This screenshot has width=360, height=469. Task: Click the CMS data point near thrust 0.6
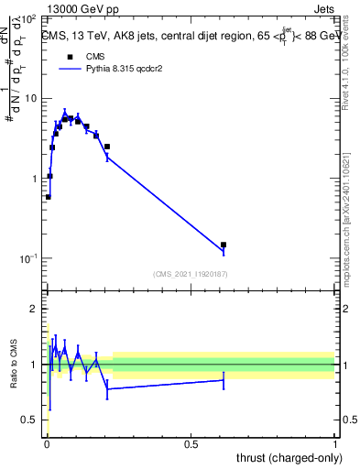224,245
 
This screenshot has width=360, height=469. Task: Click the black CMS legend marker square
70,56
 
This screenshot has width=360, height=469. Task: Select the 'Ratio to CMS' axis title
16,364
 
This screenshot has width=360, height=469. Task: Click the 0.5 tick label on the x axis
191,443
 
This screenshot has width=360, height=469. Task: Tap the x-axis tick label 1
335,443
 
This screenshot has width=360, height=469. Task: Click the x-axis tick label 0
47,443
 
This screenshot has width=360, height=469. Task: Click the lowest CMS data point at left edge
49,196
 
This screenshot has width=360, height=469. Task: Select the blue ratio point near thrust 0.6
224,380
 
